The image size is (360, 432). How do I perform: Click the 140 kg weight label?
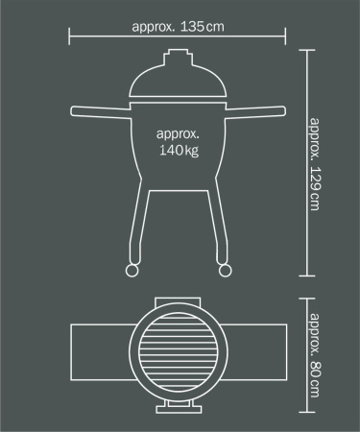pos(178,143)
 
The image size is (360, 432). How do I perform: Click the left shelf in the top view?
pos(101,353)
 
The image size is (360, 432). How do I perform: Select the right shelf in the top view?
pos(254,353)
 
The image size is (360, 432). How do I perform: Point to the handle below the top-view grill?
pos(178,411)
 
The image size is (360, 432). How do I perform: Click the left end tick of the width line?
pos(70,36)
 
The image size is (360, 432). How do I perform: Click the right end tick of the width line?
pos(286,36)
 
